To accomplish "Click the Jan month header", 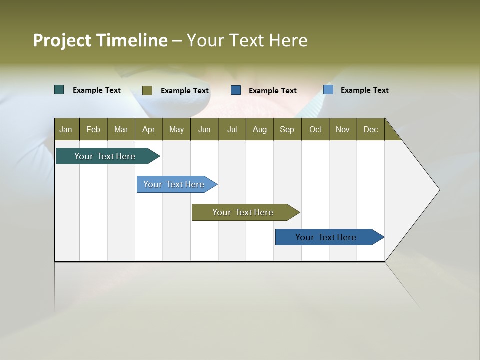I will click(x=66, y=129).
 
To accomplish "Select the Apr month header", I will click(x=149, y=129).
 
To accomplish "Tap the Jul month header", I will click(x=232, y=129).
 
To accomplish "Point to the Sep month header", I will click(x=287, y=129).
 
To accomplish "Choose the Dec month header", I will click(x=370, y=129).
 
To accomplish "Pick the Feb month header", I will click(x=93, y=129).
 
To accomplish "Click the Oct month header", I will click(x=315, y=129).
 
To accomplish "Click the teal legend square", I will click(x=59, y=90).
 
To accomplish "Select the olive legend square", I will click(x=147, y=90).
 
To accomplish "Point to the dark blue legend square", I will click(x=236, y=90).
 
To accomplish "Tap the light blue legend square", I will click(x=328, y=90).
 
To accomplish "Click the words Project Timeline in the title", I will click(x=100, y=40).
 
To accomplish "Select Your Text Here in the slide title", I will click(x=247, y=40).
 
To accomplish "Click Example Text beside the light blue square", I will click(x=364, y=90).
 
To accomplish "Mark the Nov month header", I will click(x=343, y=129).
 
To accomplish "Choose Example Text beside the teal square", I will click(x=97, y=90).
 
